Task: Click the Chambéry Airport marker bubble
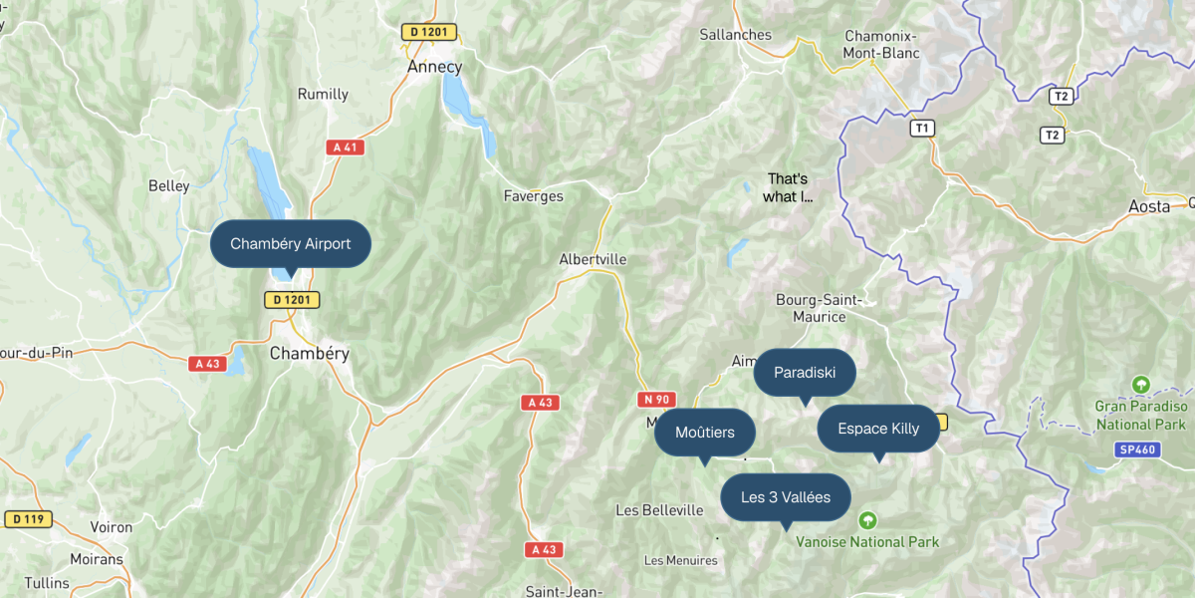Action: pos(290,243)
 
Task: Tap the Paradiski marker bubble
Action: pos(805,373)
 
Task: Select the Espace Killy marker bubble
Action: pos(878,429)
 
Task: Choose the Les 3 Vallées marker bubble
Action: pos(786,497)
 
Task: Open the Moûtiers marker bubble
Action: pos(705,433)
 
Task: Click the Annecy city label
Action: pos(434,67)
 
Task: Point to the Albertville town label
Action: pos(593,259)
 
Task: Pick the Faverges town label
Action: pos(533,196)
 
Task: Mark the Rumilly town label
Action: pos(323,95)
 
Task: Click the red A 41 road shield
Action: pos(346,148)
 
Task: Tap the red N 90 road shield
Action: pos(654,399)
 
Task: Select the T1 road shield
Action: pos(923,128)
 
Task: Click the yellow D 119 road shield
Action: pos(28,518)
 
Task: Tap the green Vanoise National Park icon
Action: pos(867,520)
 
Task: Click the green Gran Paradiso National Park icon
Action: pos(1141,384)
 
